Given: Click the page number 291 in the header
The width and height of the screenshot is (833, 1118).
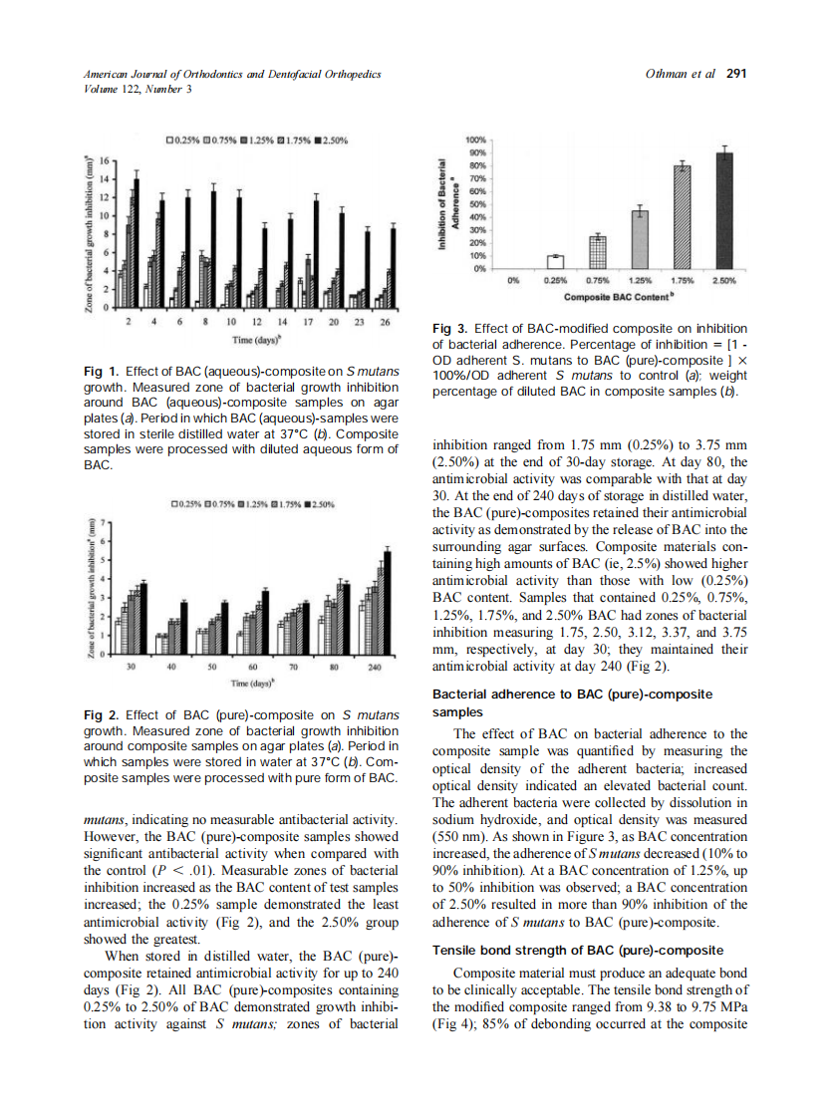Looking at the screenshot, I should point(736,74).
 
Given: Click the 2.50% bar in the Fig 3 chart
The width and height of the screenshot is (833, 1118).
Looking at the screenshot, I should point(724,210).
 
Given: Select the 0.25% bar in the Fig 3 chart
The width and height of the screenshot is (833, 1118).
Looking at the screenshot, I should point(556,261).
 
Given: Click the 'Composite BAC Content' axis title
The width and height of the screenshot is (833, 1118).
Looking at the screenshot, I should point(619,297).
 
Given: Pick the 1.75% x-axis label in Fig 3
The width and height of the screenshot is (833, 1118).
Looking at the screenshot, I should point(683,282).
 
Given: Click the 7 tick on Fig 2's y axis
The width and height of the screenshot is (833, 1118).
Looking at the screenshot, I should point(99,523).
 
